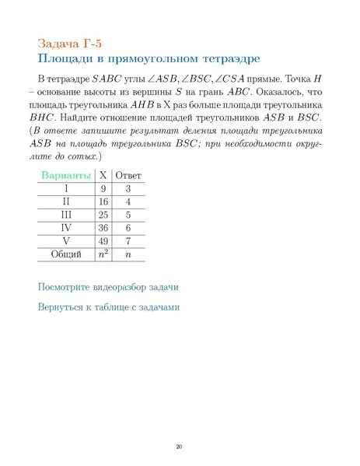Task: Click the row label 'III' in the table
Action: [x=66, y=214]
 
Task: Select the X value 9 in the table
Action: [x=103, y=188]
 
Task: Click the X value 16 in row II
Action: [x=103, y=201]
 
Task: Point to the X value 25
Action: [x=103, y=214]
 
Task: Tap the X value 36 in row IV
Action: [x=103, y=227]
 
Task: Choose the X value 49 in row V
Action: [x=103, y=240]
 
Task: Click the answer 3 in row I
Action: [x=128, y=188]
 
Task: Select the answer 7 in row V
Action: [x=128, y=240]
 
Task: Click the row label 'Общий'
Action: [x=66, y=254]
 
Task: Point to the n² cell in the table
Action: [x=102, y=254]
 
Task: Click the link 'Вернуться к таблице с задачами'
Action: [x=109, y=307]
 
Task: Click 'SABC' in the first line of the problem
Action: [x=106, y=79]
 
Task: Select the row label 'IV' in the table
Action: [x=66, y=227]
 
